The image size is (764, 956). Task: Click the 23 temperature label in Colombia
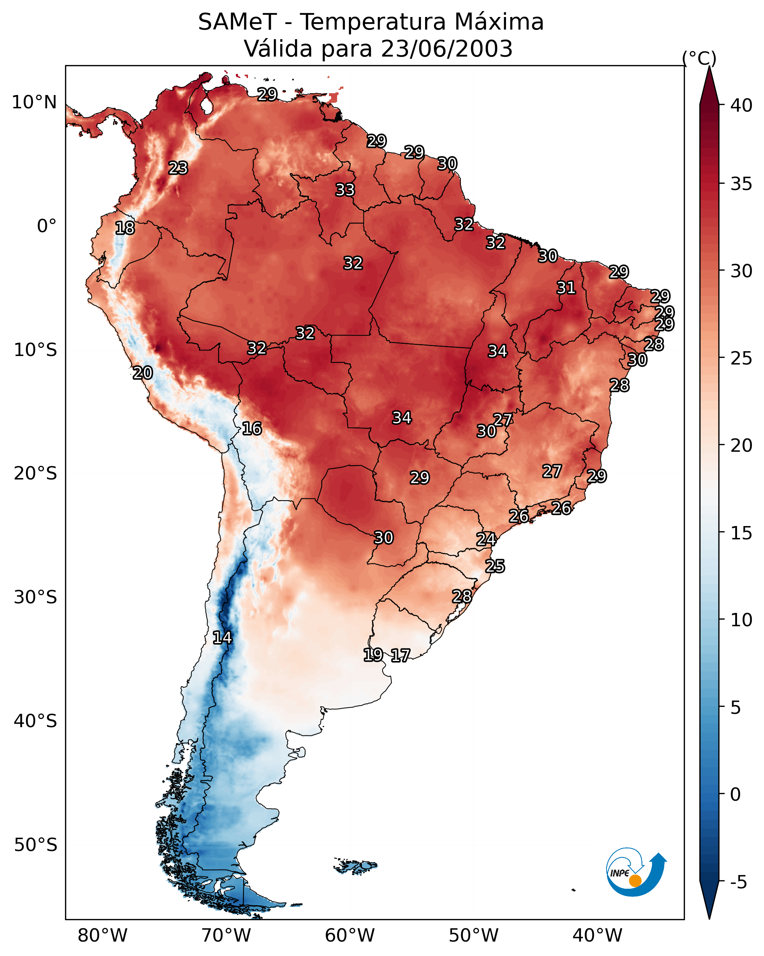coord(178,168)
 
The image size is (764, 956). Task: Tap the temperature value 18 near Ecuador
coord(125,228)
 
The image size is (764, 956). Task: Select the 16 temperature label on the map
coord(252,428)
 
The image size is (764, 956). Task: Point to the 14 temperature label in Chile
coord(222,638)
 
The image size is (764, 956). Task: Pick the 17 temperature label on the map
coord(400,655)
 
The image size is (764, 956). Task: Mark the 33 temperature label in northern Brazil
coord(345,190)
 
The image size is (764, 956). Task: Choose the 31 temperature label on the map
coord(566,288)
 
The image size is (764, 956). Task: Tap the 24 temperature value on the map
coord(486,539)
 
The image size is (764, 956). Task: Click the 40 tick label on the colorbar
coord(741,105)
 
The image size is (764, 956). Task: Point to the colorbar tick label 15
coord(741,533)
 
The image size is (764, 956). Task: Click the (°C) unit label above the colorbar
coord(699,58)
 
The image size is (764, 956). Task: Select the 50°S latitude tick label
coord(35,845)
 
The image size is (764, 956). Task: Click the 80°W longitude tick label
coord(102,936)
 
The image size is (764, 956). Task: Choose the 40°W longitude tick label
coord(597,936)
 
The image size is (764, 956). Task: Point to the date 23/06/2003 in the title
coord(446,48)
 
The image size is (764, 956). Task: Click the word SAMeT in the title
coord(238,22)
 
